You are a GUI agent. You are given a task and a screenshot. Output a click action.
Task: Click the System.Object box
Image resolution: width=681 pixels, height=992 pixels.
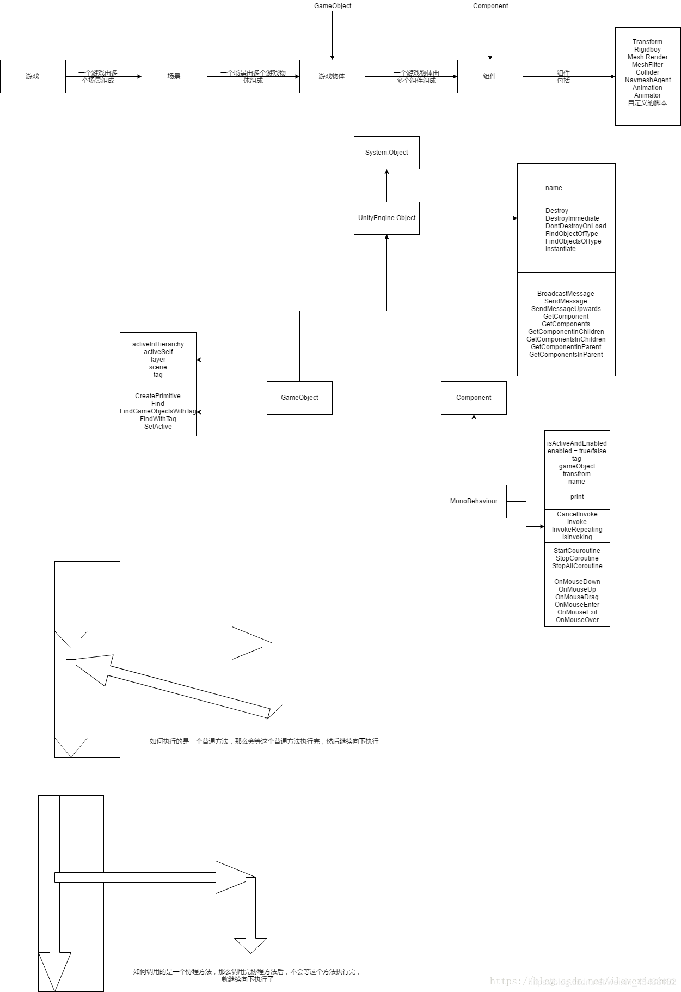[x=386, y=153]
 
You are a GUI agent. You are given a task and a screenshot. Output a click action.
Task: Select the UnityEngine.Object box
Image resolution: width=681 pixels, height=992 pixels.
[x=386, y=218]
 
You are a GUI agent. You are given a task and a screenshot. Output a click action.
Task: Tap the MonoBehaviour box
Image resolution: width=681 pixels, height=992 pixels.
[x=474, y=501]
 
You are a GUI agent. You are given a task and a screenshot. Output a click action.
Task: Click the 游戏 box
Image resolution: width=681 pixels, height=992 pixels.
[x=33, y=76]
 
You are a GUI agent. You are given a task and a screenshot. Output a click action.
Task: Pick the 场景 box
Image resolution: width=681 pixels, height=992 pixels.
[x=174, y=76]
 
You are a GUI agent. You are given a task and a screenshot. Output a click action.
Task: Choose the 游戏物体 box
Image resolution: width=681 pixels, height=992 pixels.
[x=332, y=76]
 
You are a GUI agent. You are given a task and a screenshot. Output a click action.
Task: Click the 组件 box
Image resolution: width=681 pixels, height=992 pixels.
[x=490, y=76]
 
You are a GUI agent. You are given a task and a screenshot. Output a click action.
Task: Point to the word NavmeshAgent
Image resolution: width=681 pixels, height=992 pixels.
[x=648, y=80]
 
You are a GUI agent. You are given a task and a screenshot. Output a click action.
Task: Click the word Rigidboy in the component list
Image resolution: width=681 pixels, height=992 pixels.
[x=647, y=50]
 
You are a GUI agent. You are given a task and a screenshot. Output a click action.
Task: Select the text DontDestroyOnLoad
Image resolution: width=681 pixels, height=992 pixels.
[x=575, y=226]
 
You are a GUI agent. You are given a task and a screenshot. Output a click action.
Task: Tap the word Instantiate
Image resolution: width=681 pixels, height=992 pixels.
[x=560, y=249]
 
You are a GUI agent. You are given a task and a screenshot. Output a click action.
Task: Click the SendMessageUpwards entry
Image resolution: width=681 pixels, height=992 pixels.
[x=566, y=309]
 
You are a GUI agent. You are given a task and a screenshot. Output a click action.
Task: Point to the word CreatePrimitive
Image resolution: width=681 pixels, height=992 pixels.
[x=158, y=396]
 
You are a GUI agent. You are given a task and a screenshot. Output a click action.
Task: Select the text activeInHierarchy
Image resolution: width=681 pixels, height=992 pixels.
[x=158, y=344]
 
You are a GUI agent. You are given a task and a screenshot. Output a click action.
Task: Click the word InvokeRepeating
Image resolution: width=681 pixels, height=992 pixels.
[x=577, y=530]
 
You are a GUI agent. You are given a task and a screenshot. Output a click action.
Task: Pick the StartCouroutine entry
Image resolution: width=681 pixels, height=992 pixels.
[x=577, y=551]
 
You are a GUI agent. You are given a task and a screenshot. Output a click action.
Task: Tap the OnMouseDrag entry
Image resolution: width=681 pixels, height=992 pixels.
[x=577, y=597]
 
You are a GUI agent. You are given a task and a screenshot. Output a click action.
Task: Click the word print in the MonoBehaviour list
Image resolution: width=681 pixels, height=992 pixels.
[x=577, y=497]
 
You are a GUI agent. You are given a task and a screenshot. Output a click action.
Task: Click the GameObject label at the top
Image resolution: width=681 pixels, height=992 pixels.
[x=333, y=6]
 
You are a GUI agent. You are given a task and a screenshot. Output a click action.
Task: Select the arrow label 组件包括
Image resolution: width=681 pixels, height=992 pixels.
[x=563, y=77]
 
